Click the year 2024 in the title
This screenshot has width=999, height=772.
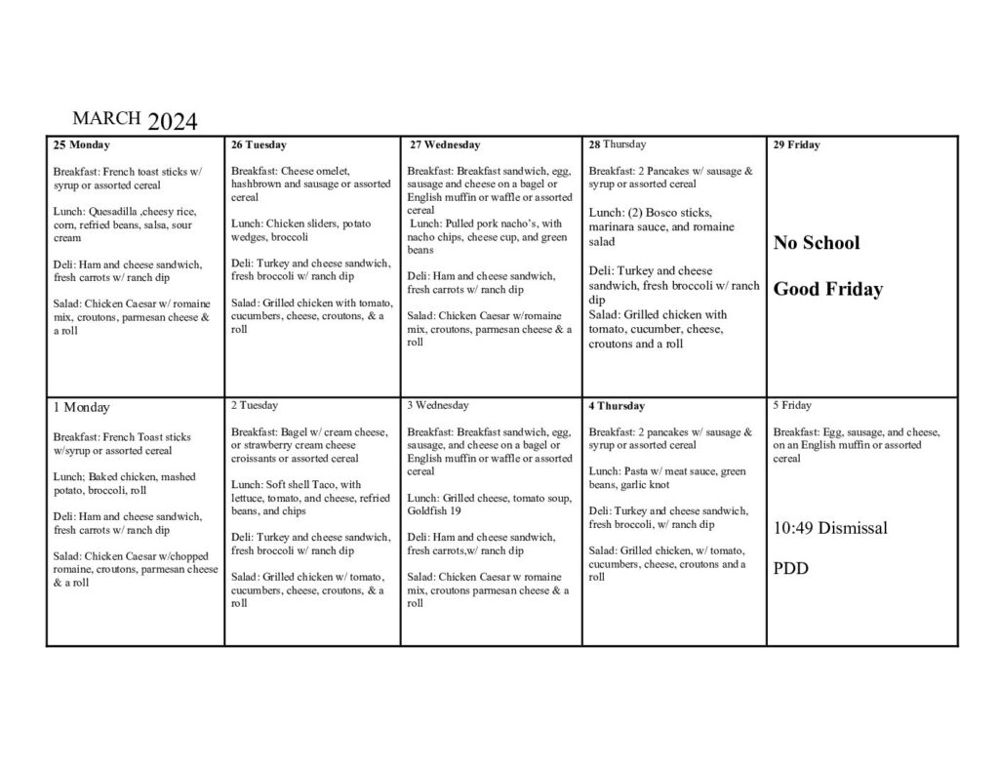[173, 122]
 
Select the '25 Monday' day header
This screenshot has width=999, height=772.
[82, 145]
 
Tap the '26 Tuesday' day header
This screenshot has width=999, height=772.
[259, 145]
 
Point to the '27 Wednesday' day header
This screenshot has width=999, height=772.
[444, 145]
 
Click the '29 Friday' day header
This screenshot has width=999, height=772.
[796, 145]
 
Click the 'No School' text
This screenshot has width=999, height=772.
[817, 243]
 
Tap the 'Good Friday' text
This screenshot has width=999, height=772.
[827, 290]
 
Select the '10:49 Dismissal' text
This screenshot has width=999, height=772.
[830, 529]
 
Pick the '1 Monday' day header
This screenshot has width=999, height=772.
[82, 408]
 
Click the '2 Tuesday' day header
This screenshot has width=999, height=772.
[255, 405]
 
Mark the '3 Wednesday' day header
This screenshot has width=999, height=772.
[438, 405]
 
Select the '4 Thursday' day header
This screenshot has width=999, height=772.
[617, 406]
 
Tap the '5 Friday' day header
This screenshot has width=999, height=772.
[792, 405]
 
